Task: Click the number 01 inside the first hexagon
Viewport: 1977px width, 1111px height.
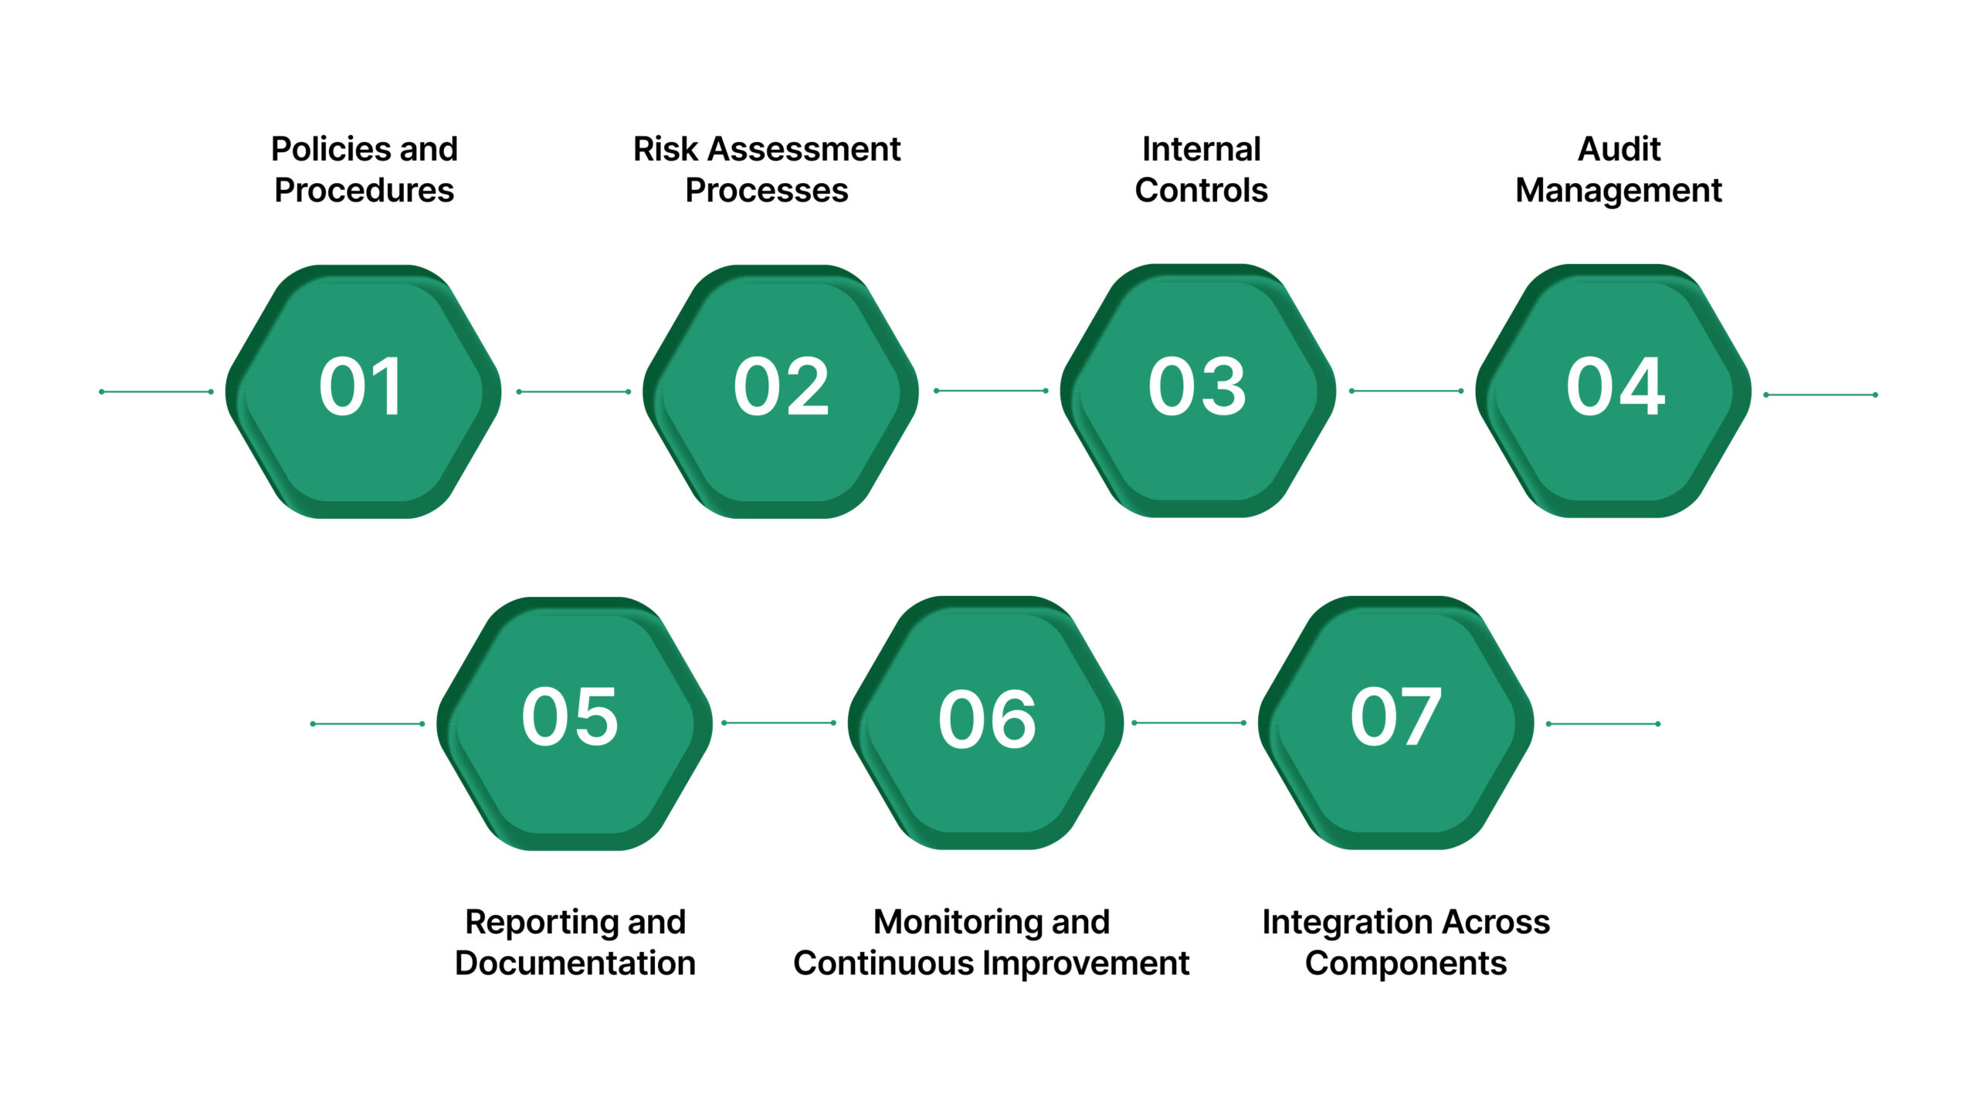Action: tap(361, 387)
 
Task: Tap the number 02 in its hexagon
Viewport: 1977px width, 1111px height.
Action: tap(781, 387)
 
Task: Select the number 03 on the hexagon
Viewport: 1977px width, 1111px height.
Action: tap(1197, 387)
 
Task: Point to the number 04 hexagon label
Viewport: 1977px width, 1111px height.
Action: tap(1615, 387)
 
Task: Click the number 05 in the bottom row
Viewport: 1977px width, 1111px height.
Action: tap(570, 718)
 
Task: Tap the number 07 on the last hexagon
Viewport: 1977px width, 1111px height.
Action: tap(1395, 718)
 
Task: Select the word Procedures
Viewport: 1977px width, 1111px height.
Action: tap(364, 191)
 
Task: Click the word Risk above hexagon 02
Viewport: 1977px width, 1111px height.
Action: tap(665, 149)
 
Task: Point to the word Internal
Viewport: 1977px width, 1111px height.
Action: tap(1201, 149)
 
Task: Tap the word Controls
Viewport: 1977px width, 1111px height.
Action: tap(1201, 191)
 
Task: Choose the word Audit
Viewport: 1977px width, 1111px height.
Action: tap(1619, 149)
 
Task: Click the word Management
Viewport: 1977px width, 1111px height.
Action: tap(1619, 191)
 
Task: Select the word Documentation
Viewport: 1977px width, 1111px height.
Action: tap(575, 964)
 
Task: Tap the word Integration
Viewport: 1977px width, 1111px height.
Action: tap(1347, 922)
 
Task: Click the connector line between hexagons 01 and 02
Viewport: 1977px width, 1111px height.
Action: tap(573, 391)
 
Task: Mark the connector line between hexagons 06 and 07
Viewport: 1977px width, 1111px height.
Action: tap(1188, 723)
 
